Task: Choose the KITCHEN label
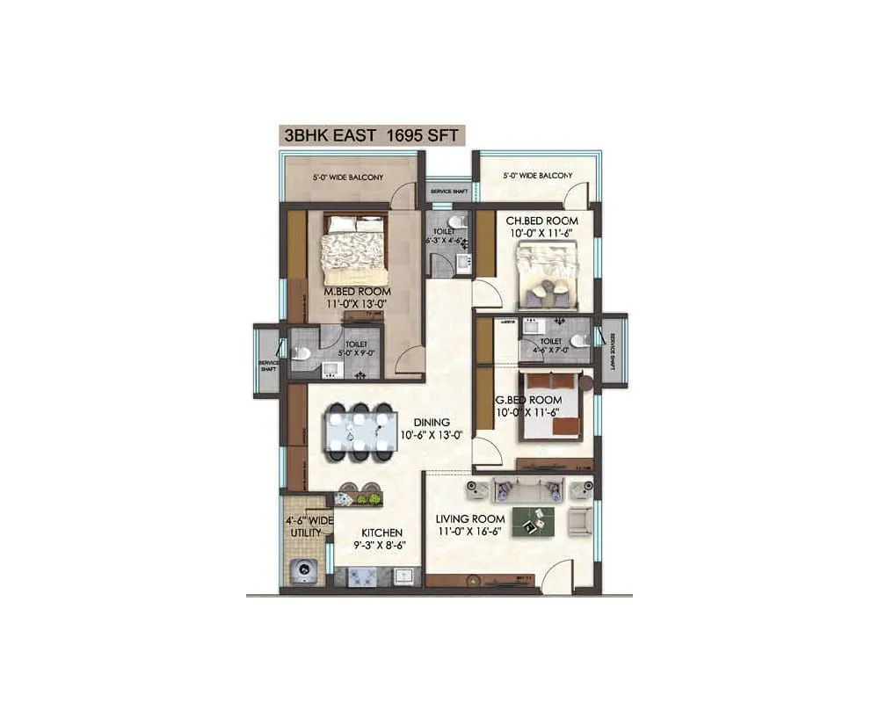pyautogui.click(x=381, y=533)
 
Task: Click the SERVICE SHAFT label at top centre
pyautogui.click(x=448, y=191)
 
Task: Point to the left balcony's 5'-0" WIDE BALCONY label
pyautogui.click(x=347, y=178)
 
